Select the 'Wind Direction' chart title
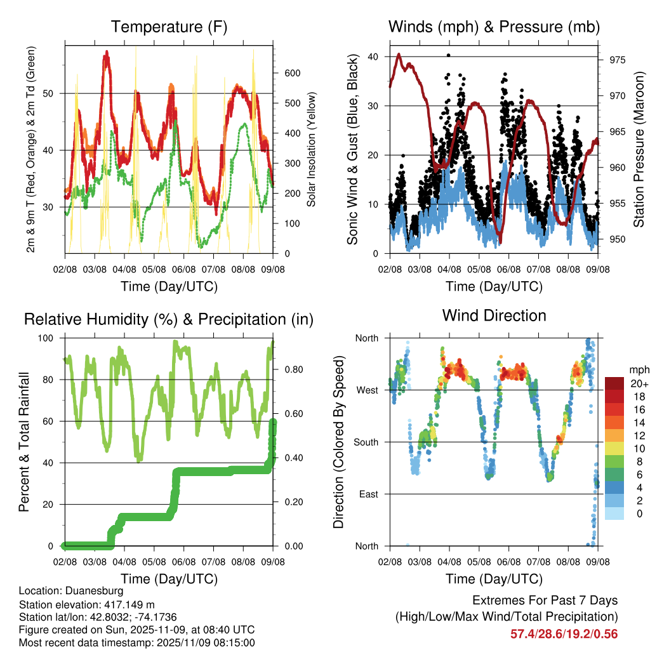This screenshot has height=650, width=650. pyautogui.click(x=494, y=315)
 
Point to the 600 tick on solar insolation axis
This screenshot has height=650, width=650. pyautogui.click(x=291, y=73)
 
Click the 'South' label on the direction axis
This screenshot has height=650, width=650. pyautogui.click(x=366, y=442)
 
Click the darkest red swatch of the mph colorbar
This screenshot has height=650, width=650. pyautogui.click(x=614, y=383)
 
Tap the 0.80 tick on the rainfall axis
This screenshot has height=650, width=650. pyautogui.click(x=289, y=369)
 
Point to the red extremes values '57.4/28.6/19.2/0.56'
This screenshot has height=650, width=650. pyautogui.click(x=564, y=633)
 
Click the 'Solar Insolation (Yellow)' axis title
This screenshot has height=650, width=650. pyautogui.click(x=312, y=149)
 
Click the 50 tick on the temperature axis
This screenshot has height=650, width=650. pyautogui.click(x=53, y=93)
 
